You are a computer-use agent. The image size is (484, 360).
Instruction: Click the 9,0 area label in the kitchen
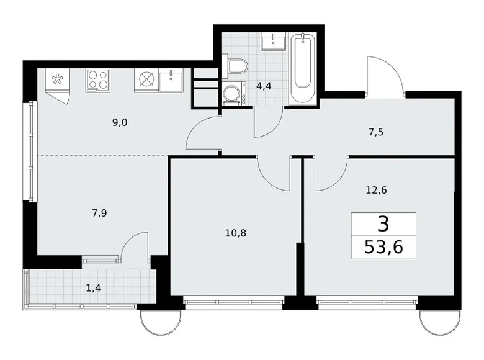[120, 122]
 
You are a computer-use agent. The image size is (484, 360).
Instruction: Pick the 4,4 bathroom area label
[265, 86]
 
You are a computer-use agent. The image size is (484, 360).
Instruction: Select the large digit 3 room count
[383, 222]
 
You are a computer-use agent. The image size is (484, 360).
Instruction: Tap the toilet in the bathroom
[238, 66]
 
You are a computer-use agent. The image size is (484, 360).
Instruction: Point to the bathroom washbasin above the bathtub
[271, 42]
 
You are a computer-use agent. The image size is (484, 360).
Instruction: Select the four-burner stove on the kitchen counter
[97, 79]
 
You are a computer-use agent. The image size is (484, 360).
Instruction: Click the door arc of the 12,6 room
[330, 175]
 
